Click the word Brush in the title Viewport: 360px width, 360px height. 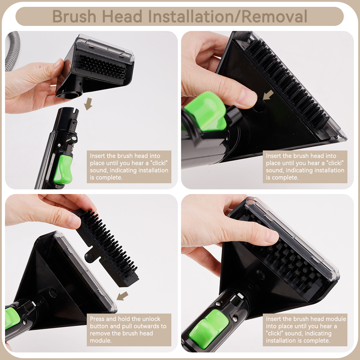74,16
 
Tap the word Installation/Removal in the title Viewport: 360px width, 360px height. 228,16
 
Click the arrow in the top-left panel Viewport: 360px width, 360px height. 88,104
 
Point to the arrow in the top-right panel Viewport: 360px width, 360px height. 268,95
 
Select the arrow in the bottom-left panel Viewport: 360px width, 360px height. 122,296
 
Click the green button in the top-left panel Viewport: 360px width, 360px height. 63,170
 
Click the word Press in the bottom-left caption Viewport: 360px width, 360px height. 97,319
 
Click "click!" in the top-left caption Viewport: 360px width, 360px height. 160,163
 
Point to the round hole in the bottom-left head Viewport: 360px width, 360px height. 53,293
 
